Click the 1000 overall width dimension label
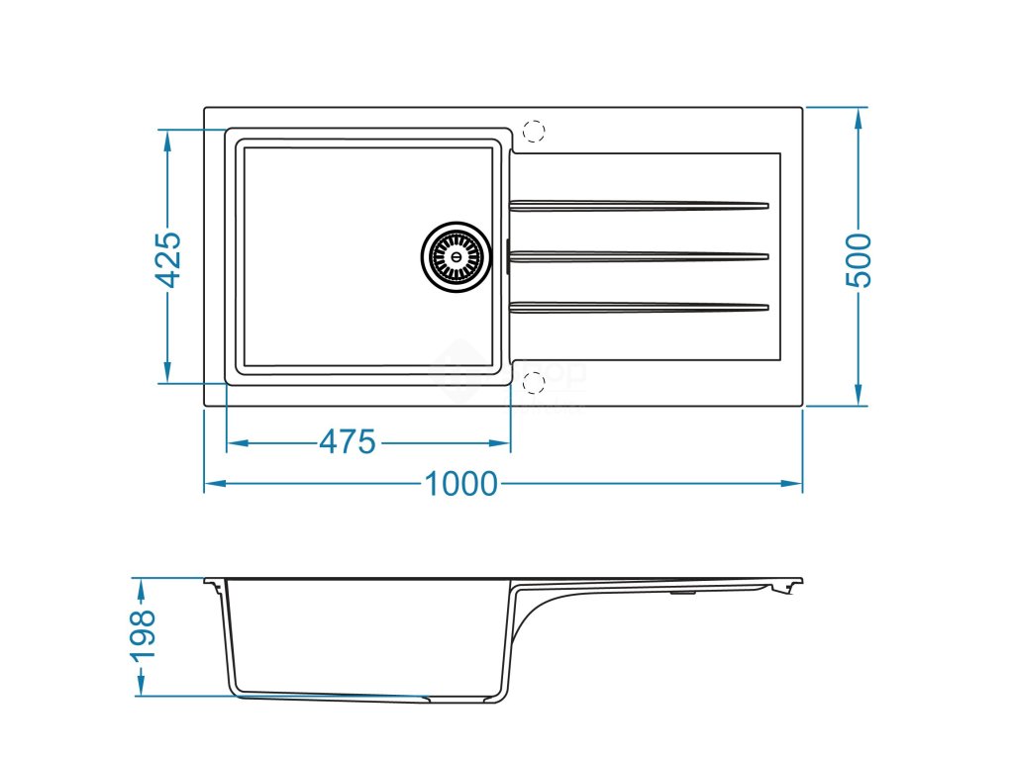tap(460, 484)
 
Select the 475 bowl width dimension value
tap(348, 442)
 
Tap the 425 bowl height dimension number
tap(169, 259)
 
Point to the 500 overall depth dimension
tap(859, 259)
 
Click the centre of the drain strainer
tap(456, 256)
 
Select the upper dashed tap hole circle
tap(533, 131)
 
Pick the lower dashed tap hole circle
tap(533, 382)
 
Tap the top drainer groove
tap(639, 206)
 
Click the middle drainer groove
tap(639, 256)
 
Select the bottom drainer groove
tap(639, 307)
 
